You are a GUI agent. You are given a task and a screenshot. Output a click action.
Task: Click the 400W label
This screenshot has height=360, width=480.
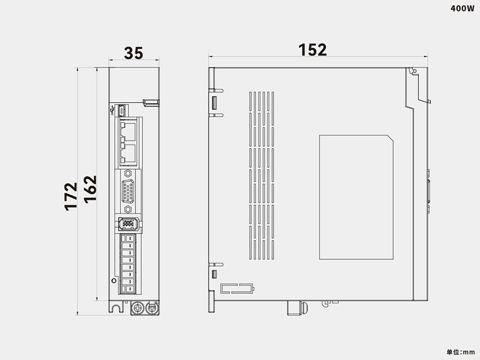pyautogui.click(x=462, y=8)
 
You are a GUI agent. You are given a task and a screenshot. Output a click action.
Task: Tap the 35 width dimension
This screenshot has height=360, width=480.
pyautogui.click(x=133, y=53)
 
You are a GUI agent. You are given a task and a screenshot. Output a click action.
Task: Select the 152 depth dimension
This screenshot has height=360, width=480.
pyautogui.click(x=312, y=50)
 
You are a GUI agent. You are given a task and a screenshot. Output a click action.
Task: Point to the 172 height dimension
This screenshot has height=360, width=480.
pyautogui.click(x=71, y=196)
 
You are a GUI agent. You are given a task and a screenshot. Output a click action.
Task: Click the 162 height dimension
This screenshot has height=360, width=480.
pyautogui.click(x=90, y=189)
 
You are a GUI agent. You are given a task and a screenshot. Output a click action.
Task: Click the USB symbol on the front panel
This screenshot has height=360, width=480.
pyautogui.click(x=113, y=110)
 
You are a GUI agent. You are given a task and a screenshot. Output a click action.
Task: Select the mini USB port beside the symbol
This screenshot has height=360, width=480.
pyautogui.click(x=122, y=110)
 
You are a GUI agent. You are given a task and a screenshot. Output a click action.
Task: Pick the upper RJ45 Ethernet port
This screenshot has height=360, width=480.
pyautogui.click(x=129, y=130)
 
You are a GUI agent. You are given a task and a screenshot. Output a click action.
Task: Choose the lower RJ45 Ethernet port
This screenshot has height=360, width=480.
pyautogui.click(x=129, y=154)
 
